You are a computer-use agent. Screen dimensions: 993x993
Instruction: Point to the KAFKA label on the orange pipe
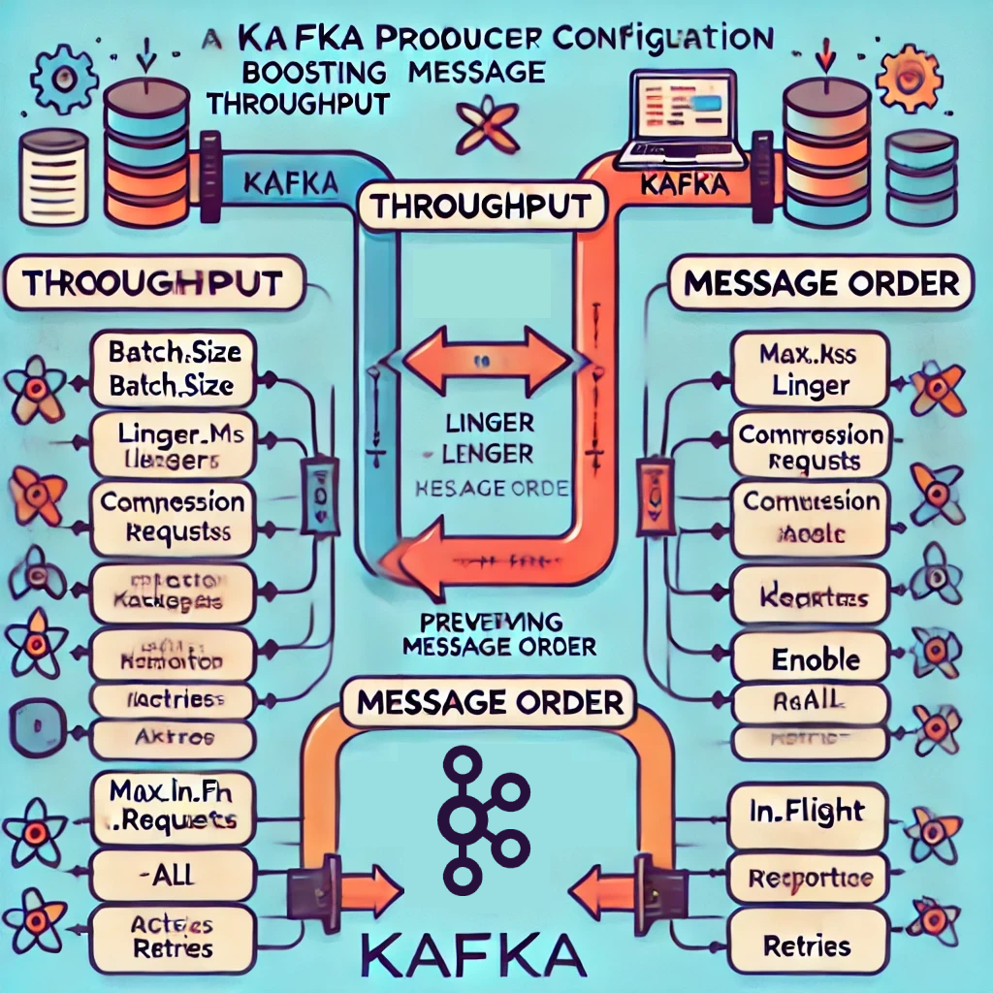tap(685, 184)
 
